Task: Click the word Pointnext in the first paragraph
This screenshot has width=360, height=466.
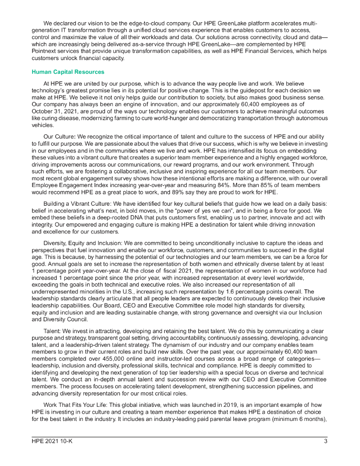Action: pyautogui.click(x=46, y=51)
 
